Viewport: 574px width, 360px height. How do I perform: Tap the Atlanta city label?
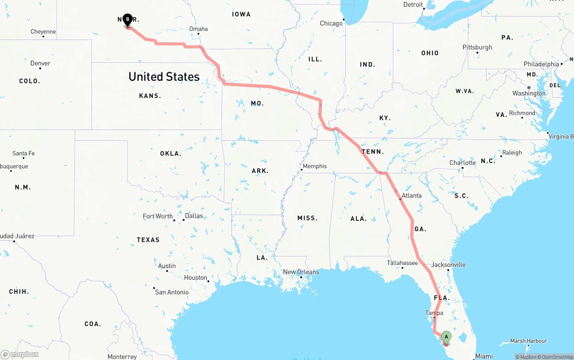411,195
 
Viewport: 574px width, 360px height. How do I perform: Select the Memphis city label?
315,166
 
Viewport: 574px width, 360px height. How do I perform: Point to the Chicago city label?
331,23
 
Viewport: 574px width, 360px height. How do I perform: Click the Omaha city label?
198,29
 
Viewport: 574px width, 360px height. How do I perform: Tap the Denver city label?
40,64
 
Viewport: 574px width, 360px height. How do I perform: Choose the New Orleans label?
301,272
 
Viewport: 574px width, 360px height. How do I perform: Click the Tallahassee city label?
402,263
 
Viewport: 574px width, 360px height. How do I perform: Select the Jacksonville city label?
448,265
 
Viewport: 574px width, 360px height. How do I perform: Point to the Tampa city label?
434,313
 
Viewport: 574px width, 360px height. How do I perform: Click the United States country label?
164,77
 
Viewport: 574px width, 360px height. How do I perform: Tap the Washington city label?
529,93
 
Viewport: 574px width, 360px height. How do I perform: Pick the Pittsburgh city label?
477,48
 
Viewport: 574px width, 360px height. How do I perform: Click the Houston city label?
196,278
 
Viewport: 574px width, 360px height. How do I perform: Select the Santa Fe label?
23,153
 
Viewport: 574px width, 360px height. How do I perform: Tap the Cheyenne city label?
43,32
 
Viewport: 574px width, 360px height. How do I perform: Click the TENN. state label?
373,152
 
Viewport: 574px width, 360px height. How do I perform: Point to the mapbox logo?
20,354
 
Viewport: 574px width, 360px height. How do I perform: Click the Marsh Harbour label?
528,341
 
